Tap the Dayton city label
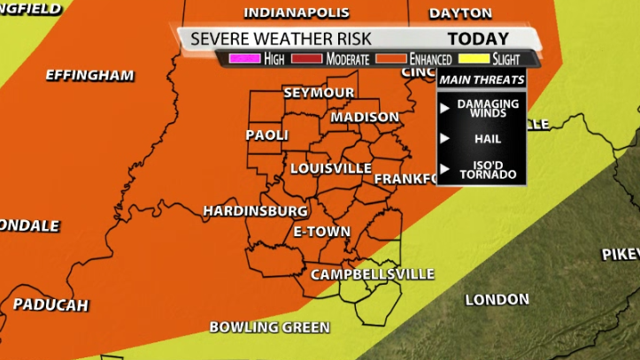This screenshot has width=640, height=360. (459, 12)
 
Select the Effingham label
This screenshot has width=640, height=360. (89, 74)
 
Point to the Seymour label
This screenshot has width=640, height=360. (319, 92)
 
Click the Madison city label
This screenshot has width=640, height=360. (365, 117)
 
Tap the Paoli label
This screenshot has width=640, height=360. (266, 134)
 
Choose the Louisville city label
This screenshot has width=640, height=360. (330, 168)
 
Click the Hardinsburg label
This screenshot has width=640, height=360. (255, 211)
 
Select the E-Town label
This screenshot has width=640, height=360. (322, 231)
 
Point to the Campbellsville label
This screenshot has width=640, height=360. (372, 274)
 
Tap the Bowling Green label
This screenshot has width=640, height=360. (269, 327)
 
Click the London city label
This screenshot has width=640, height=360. (497, 300)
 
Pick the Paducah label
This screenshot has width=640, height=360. (50, 305)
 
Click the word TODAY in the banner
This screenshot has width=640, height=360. (478, 39)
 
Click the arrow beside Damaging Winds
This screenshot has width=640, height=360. (446, 108)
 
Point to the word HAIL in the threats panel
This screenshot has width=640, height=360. (488, 139)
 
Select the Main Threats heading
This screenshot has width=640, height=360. (482, 80)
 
